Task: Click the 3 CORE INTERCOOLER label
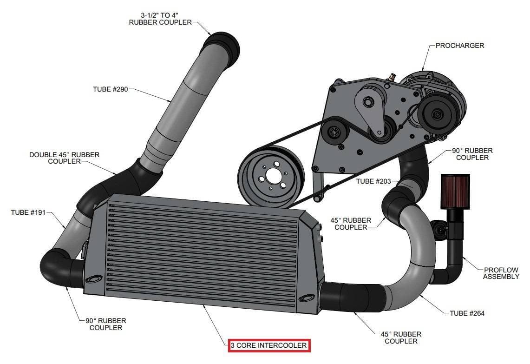pyautogui.click(x=269, y=345)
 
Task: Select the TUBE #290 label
pyautogui.click(x=110, y=88)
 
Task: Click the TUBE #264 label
pyautogui.click(x=467, y=313)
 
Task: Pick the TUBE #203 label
pyautogui.click(x=374, y=181)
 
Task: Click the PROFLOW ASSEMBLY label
pyautogui.click(x=501, y=273)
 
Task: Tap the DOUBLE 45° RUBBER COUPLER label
pyautogui.click(x=64, y=158)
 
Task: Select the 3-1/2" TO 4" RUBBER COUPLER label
pyautogui.click(x=160, y=19)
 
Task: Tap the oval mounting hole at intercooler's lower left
pyautogui.click(x=95, y=278)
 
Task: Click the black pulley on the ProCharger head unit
pyautogui.click(x=436, y=113)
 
